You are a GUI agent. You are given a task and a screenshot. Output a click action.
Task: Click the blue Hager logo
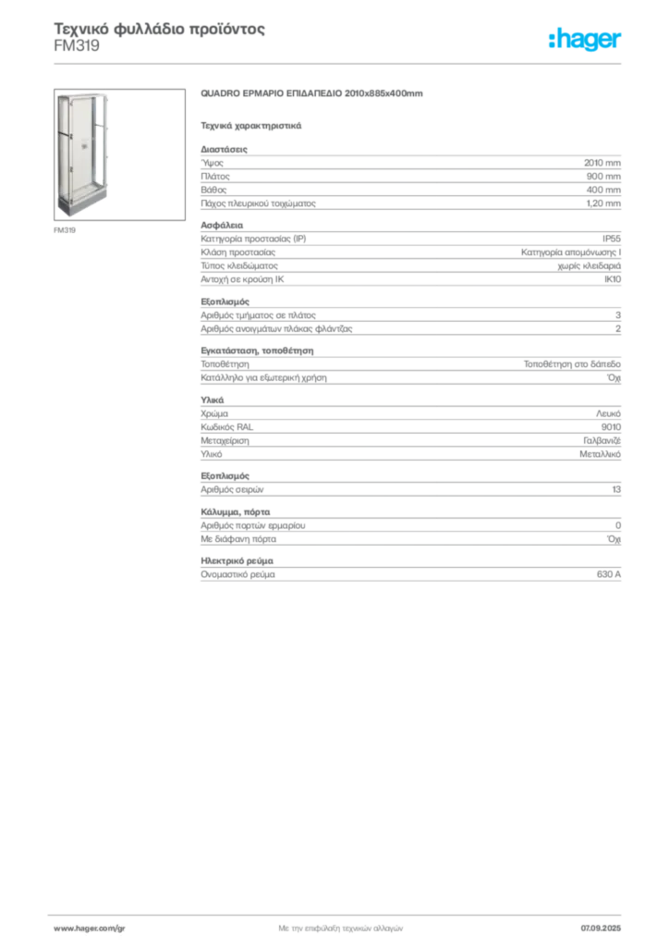click(587, 42)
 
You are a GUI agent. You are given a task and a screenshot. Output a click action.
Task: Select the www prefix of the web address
click(62, 928)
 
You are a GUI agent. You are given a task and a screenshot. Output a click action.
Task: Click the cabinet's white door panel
click(80, 148)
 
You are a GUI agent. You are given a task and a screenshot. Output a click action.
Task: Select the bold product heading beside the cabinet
click(313, 94)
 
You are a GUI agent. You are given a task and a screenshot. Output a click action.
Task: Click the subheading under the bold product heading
click(251, 124)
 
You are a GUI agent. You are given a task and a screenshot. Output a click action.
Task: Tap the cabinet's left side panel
click(61, 148)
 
